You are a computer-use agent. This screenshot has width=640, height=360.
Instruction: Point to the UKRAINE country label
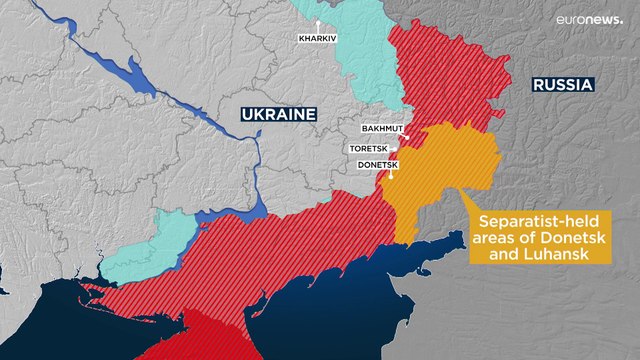tap(277, 114)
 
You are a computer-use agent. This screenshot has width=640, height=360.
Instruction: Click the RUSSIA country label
tap(563, 86)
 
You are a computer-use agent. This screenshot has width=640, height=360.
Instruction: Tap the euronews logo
tap(589, 20)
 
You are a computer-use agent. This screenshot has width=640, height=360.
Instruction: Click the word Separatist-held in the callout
tap(527, 222)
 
